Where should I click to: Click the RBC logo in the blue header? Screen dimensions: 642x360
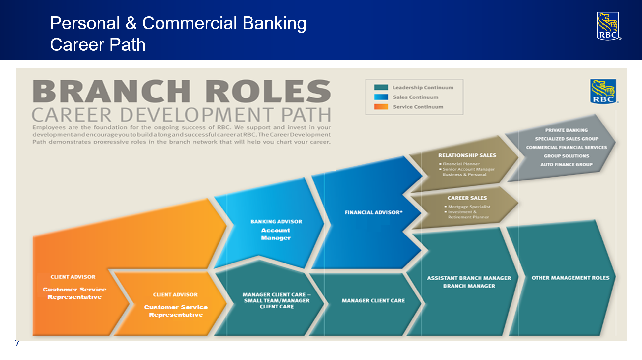pyautogui.click(x=608, y=26)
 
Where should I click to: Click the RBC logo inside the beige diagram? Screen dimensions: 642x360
pyautogui.click(x=603, y=91)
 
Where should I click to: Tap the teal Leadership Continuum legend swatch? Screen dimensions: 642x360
pyautogui.click(x=381, y=87)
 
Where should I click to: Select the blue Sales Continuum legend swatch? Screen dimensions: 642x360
pyautogui.click(x=381, y=97)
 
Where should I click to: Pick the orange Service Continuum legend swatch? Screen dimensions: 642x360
pyautogui.click(x=381, y=107)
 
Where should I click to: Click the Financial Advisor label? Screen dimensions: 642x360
pyautogui.click(x=373, y=212)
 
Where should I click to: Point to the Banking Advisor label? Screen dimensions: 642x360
pyautogui.click(x=276, y=222)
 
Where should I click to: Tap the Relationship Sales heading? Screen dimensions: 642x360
pyautogui.click(x=467, y=155)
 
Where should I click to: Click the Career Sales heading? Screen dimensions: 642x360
pyautogui.click(x=467, y=198)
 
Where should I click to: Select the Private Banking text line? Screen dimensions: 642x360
pyautogui.click(x=566, y=130)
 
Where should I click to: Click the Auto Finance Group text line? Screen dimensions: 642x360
pyautogui.click(x=566, y=164)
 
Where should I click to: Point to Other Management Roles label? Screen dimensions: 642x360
pyautogui.click(x=570, y=278)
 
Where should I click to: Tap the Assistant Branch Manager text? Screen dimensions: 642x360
pyautogui.click(x=469, y=278)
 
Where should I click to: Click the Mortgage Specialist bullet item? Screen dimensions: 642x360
pyautogui.click(x=469, y=207)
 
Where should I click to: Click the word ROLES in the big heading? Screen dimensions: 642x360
pyautogui.click(x=268, y=91)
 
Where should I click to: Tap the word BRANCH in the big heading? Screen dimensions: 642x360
pyautogui.click(x=112, y=91)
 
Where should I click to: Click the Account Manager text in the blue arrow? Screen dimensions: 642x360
pyautogui.click(x=276, y=234)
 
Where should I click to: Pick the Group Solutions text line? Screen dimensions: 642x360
pyautogui.click(x=566, y=156)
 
